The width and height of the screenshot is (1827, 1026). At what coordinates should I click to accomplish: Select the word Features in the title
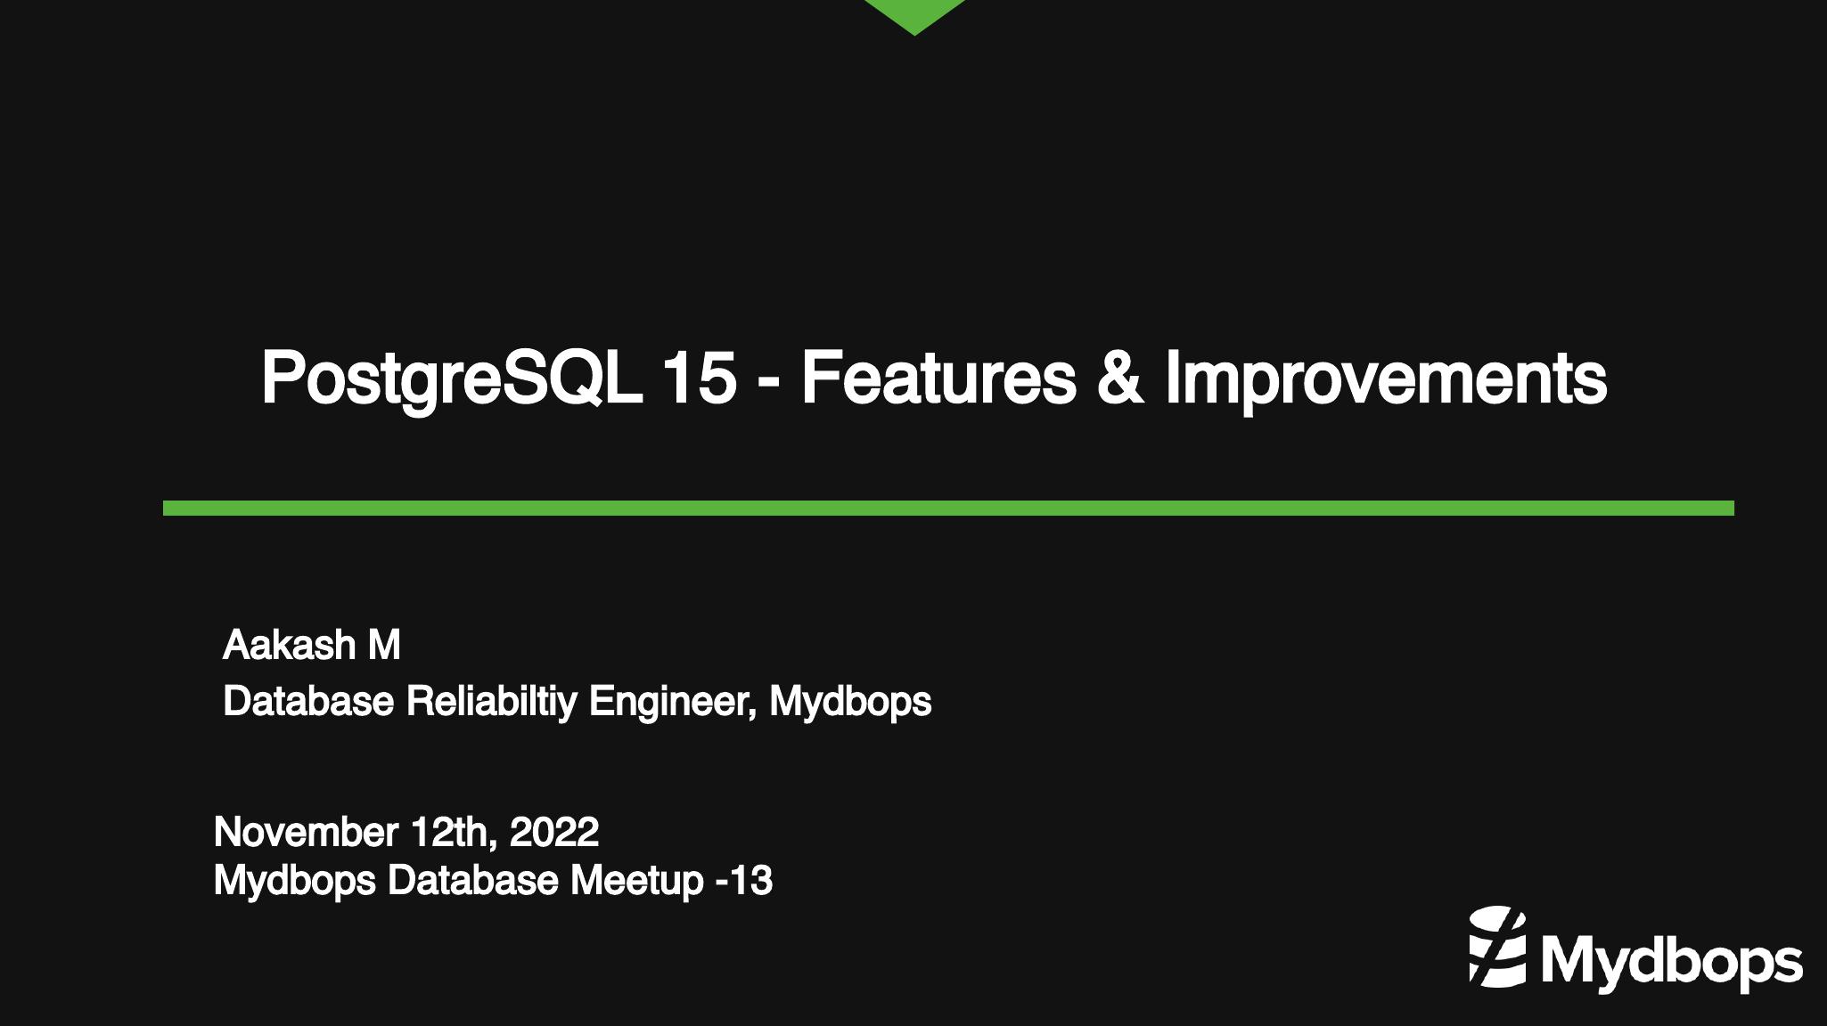tap(939, 378)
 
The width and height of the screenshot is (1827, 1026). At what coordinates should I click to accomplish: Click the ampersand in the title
tap(1120, 378)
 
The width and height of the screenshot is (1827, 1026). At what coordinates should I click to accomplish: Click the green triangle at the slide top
tap(914, 13)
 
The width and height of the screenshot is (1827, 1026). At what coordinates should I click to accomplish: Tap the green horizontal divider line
tap(948, 508)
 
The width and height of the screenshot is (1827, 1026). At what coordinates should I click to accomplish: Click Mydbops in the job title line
tap(850, 702)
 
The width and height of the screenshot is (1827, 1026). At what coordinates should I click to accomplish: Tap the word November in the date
tap(306, 832)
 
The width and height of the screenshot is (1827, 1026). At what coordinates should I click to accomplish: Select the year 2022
tap(554, 832)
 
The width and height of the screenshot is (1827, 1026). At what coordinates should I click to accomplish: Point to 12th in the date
tap(454, 832)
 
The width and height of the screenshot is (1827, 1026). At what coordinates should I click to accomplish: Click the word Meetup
tap(637, 881)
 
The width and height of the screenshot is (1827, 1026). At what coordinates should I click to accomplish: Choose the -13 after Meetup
tap(744, 881)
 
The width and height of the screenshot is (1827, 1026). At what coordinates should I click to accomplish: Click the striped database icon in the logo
tap(1498, 947)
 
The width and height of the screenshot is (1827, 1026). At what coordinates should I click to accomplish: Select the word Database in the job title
tap(308, 701)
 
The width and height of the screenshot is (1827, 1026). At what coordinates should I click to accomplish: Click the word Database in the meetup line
tap(473, 881)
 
